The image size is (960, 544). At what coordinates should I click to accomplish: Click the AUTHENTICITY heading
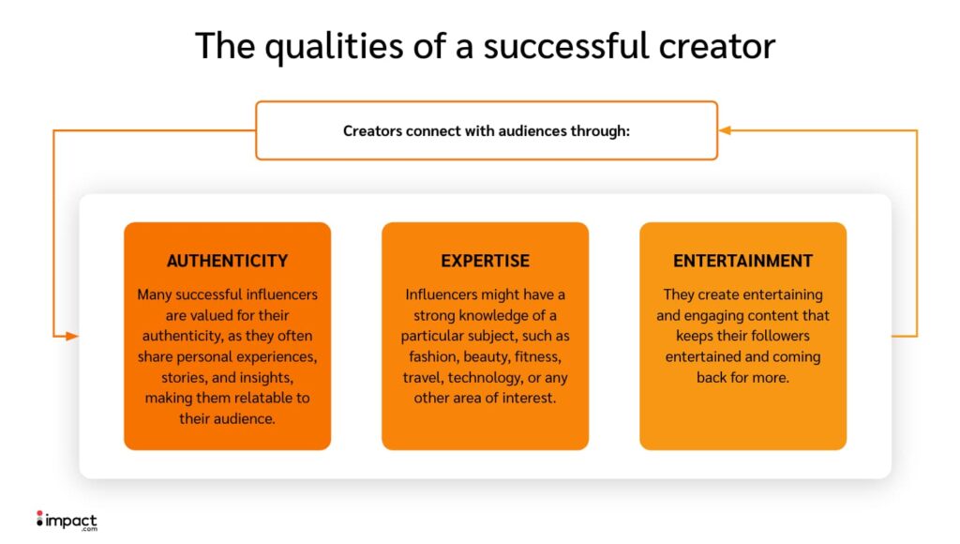pyautogui.click(x=227, y=261)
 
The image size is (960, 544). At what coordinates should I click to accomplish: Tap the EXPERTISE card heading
pyautogui.click(x=485, y=261)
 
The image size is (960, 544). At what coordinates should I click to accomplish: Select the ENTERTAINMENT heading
pyautogui.click(x=742, y=261)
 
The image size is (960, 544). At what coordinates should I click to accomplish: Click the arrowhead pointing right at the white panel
pyautogui.click(x=71, y=336)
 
